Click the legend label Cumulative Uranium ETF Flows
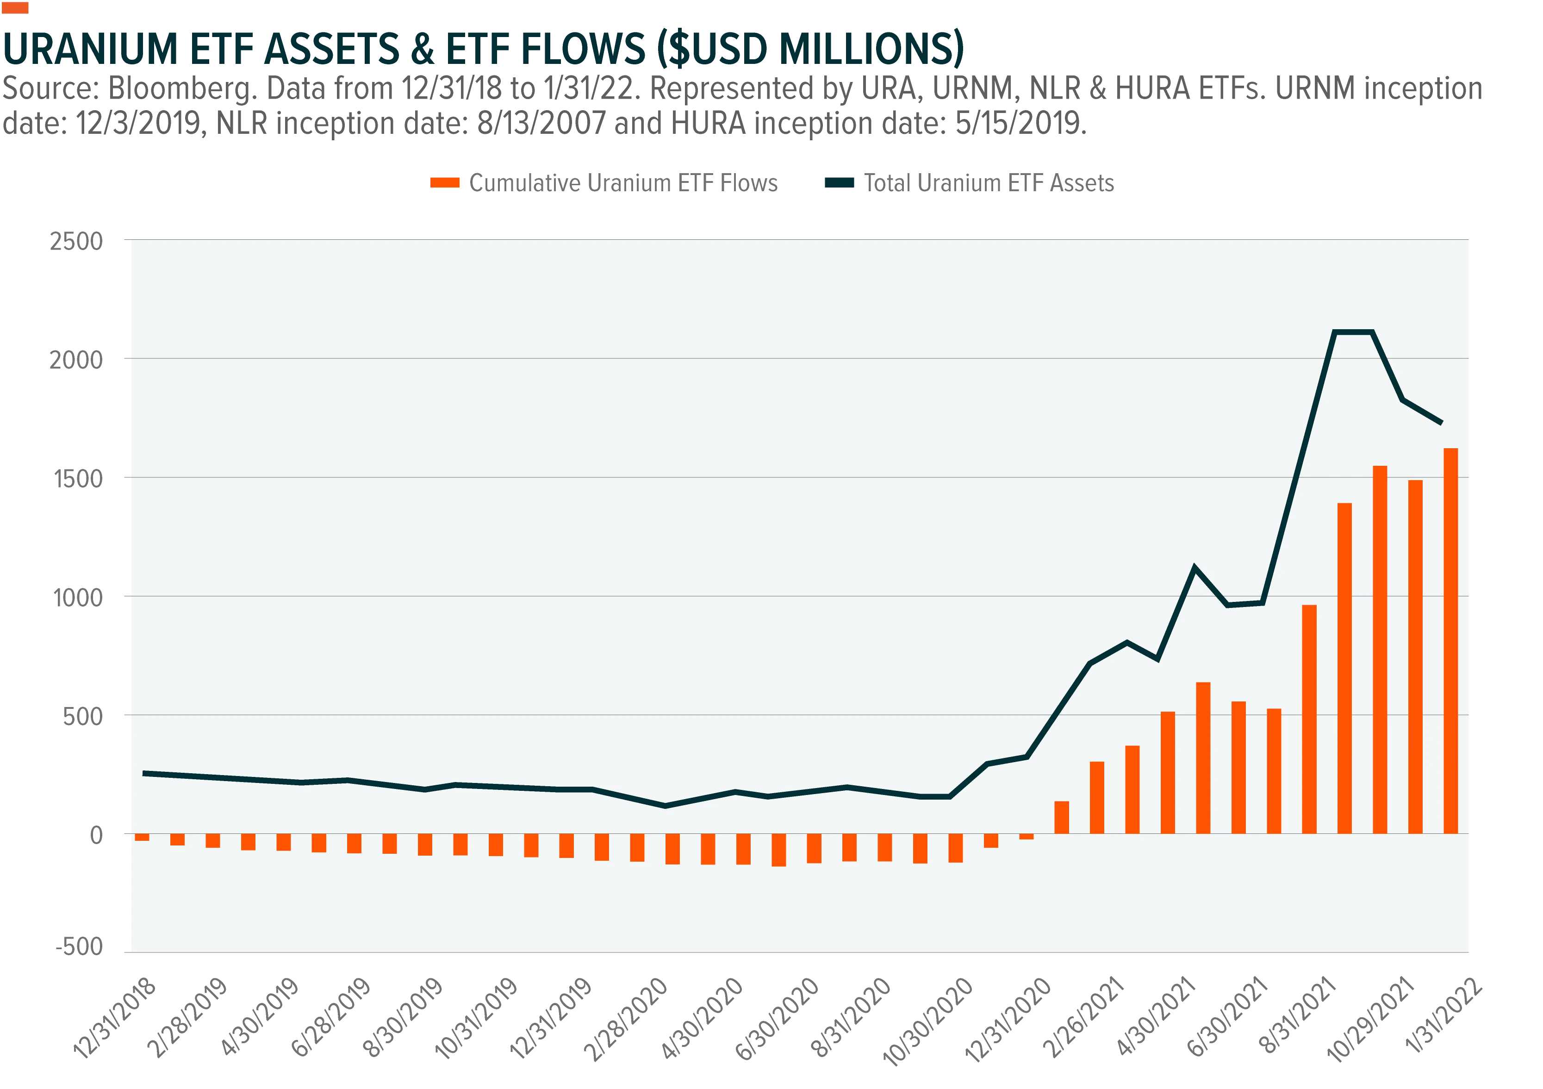click(x=623, y=183)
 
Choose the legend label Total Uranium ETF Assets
click(x=989, y=183)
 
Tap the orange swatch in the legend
click(x=444, y=183)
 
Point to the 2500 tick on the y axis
click(x=76, y=241)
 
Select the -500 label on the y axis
click(x=79, y=947)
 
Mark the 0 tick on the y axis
click(x=96, y=836)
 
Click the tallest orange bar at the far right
click(x=1450, y=641)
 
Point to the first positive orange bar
click(x=1061, y=817)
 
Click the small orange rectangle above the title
click(x=15, y=7)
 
